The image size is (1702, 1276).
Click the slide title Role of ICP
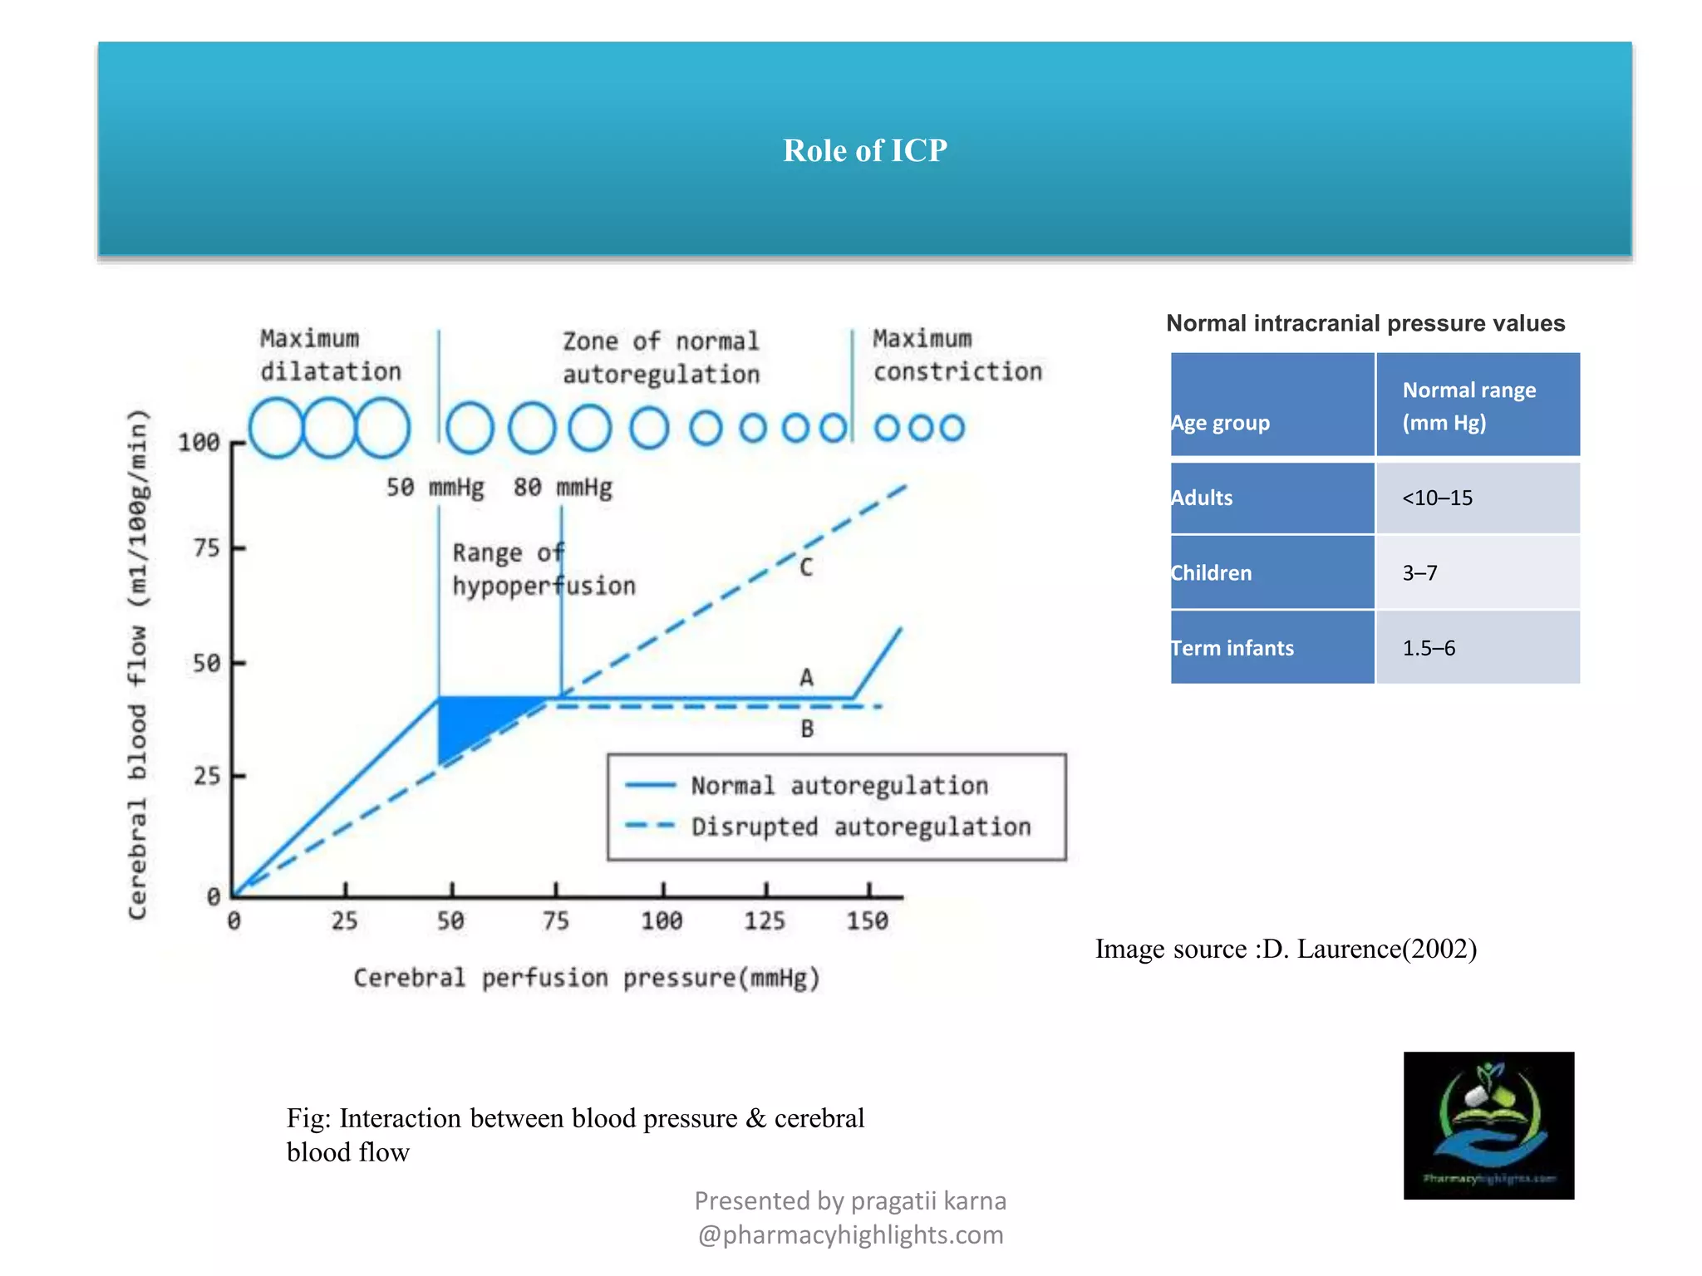pos(864,150)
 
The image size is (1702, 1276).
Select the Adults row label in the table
pos(1202,498)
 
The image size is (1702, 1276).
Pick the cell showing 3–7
pos(1419,572)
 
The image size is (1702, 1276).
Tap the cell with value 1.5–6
pos(1429,648)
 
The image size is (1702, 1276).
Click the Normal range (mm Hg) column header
pos(1468,405)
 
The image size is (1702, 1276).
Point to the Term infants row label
pos(1232,648)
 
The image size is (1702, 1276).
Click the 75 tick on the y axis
pos(207,548)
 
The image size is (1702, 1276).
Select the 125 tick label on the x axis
pos(764,920)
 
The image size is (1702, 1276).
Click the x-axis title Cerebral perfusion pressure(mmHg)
pos(587,978)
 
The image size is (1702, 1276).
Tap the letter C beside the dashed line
pos(805,567)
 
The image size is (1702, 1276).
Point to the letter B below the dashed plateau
pos(806,729)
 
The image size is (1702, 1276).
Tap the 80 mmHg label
pos(563,487)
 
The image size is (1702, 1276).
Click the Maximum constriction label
pos(957,356)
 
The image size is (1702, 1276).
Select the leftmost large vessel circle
pos(275,428)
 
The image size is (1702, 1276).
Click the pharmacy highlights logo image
pos(1488,1125)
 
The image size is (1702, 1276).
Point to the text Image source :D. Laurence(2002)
pos(1286,949)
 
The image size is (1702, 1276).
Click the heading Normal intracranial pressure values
pos(1365,323)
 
